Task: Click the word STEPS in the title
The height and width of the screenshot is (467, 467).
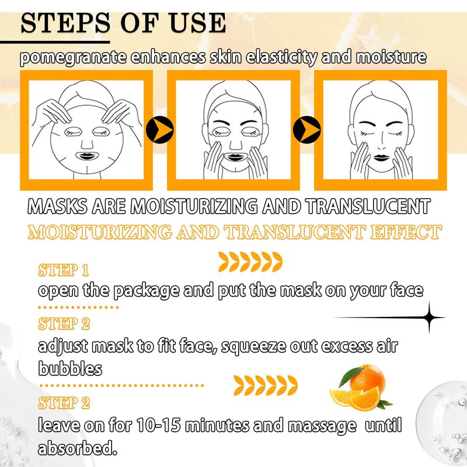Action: click(x=65, y=23)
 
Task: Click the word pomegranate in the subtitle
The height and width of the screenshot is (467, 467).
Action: click(x=74, y=57)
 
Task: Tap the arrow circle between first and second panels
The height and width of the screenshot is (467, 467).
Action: click(x=159, y=130)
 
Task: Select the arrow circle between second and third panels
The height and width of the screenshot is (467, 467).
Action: click(x=307, y=130)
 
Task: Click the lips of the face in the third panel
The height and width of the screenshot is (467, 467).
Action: click(x=381, y=157)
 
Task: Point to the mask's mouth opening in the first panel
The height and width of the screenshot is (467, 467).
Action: click(x=86, y=156)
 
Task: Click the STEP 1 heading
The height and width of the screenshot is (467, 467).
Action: click(x=64, y=270)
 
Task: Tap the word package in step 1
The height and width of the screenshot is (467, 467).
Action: click(x=147, y=291)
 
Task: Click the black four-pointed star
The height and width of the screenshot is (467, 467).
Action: click(x=429, y=318)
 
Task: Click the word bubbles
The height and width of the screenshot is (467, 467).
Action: click(x=70, y=369)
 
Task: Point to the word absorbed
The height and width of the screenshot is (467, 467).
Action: click(x=77, y=448)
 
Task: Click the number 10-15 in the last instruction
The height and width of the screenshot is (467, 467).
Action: click(x=158, y=425)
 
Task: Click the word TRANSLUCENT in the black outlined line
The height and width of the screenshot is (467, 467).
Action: click(x=368, y=206)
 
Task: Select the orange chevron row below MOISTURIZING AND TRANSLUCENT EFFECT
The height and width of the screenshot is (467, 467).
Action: click(x=250, y=262)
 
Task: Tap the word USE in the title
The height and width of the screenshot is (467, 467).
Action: click(x=198, y=23)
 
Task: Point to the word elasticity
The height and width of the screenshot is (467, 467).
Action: click(x=281, y=57)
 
